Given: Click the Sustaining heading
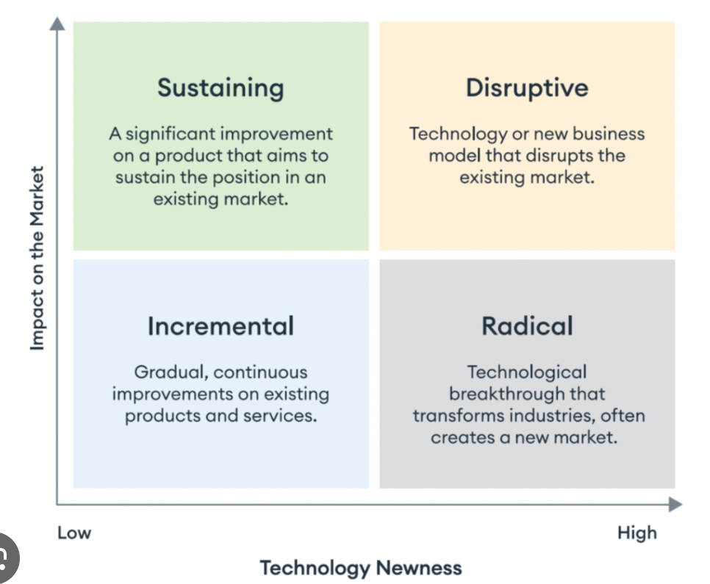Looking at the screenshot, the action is click(x=220, y=88).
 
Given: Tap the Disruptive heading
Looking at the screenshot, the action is click(x=527, y=87).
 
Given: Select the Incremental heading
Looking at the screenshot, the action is click(x=220, y=326).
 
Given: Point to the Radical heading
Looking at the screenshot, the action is click(x=527, y=326).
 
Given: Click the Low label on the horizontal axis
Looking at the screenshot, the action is click(x=74, y=533).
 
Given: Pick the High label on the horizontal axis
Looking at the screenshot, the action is click(x=637, y=533).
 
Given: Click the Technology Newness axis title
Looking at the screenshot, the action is click(x=361, y=568).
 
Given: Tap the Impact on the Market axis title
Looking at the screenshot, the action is click(x=37, y=258).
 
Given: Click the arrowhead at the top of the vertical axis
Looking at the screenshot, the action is click(x=57, y=24).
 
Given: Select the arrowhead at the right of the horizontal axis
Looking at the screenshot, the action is click(x=675, y=505).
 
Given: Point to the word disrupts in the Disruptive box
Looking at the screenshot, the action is click(x=559, y=156).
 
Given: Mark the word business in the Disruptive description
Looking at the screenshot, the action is click(x=609, y=134).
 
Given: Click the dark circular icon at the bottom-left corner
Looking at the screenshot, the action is click(x=4, y=558).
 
